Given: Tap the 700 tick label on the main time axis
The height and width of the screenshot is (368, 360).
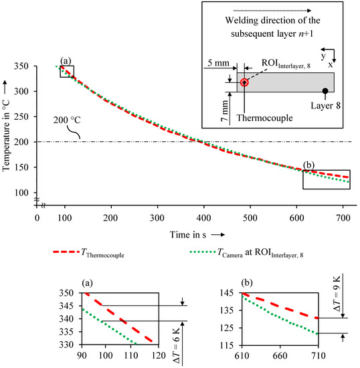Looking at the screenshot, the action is click(343, 218).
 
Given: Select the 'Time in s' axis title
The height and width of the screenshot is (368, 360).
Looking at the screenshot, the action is click(188, 235).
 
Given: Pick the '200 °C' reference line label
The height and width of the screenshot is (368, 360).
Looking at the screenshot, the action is click(67, 120).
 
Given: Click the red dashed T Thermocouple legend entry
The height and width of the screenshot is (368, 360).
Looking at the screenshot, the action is click(89, 252).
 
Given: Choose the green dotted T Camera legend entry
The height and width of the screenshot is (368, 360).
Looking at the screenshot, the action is click(246, 252).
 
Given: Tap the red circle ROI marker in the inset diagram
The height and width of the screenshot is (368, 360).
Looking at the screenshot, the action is click(244, 82).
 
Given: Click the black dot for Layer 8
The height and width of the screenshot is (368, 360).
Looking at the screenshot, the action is click(325, 91).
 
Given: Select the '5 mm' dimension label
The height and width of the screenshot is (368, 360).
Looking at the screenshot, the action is click(219, 63).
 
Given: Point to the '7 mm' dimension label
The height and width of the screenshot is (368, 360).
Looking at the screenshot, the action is click(225, 111).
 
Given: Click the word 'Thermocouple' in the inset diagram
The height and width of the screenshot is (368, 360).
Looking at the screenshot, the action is click(264, 118).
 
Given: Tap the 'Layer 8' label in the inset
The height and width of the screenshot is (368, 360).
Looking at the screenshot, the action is click(325, 106).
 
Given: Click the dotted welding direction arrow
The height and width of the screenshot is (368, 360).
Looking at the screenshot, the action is click(272, 11).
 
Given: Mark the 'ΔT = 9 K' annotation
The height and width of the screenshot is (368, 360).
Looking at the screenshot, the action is click(337, 294).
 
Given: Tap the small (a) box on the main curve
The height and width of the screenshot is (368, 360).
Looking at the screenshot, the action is click(67, 66).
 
